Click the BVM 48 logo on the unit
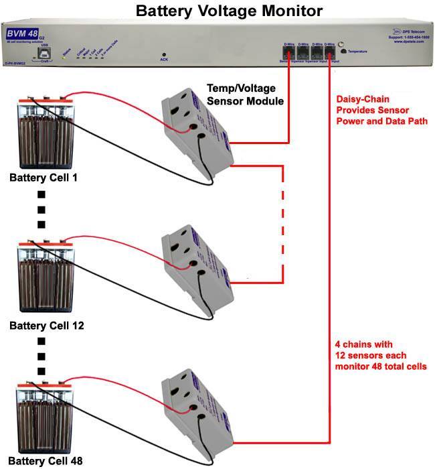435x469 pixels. (23, 33)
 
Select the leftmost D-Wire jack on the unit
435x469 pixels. (288, 50)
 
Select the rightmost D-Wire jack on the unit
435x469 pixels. (329, 50)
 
